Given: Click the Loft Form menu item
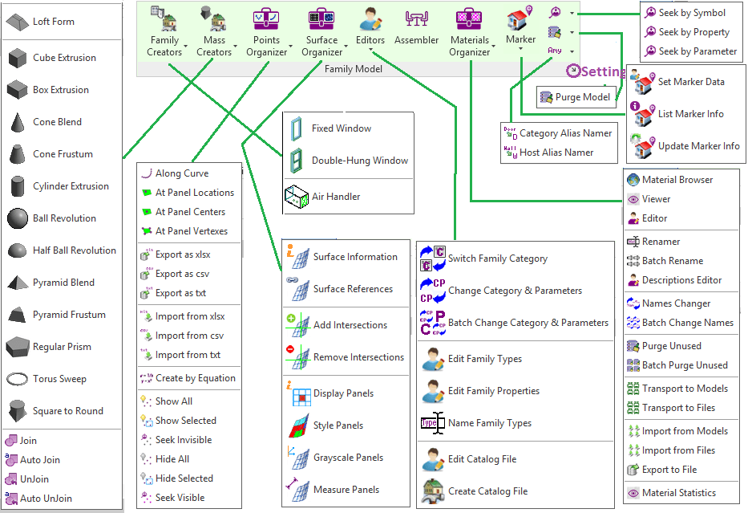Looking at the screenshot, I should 53,22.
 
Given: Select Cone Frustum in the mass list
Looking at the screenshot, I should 63,154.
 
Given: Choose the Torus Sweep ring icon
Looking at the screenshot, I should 18,379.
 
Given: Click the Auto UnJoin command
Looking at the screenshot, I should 46,499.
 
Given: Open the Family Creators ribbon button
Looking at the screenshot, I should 164,32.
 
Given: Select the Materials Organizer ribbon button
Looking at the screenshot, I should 469,32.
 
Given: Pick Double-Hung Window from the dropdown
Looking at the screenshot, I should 359,161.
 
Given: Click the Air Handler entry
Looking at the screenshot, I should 335,197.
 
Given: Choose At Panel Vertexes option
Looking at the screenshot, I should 191,231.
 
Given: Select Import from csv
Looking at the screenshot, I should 189,336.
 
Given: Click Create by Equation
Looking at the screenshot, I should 195,378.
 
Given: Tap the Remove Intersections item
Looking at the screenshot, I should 358,357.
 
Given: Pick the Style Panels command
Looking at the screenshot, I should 338,425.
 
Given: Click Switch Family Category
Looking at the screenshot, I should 497,259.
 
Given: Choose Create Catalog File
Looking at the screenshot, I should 487,491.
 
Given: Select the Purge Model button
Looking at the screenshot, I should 576,97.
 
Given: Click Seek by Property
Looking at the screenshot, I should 693,32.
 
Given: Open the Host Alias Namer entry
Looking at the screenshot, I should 556,153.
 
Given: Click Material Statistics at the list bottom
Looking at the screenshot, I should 678,493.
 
